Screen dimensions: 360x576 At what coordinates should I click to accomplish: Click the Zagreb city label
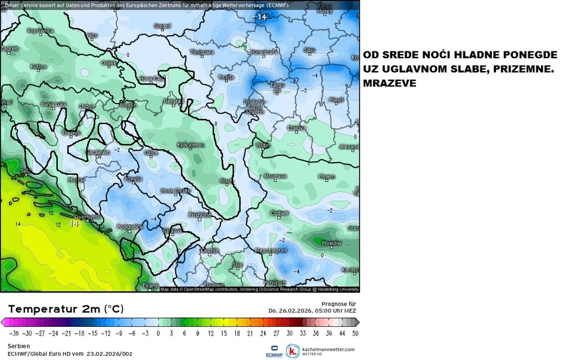(x=9, y=48)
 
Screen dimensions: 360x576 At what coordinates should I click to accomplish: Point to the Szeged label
(x=162, y=26)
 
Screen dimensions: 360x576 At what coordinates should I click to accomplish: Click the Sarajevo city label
(x=97, y=151)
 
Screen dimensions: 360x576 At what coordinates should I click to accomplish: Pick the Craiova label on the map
(x=297, y=128)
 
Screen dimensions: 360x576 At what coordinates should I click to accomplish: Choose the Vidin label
(x=262, y=145)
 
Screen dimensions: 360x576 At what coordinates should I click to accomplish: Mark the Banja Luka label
(x=53, y=104)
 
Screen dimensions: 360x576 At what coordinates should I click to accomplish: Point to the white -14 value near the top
(x=260, y=17)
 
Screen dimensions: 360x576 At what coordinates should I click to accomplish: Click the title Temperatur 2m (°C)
(x=64, y=308)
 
